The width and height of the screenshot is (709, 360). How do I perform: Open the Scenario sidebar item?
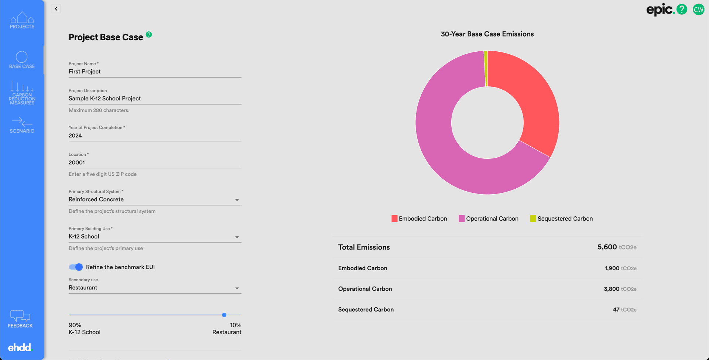pyautogui.click(x=22, y=125)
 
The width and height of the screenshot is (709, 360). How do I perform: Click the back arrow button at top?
pyautogui.click(x=56, y=8)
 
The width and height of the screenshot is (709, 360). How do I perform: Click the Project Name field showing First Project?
pyautogui.click(x=155, y=72)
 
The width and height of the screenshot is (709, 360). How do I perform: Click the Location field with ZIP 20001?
pyautogui.click(x=155, y=162)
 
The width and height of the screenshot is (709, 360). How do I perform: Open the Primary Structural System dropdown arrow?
pyautogui.click(x=237, y=200)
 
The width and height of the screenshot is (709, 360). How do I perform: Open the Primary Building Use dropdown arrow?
pyautogui.click(x=237, y=237)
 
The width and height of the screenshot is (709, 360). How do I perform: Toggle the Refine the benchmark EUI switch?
pyautogui.click(x=76, y=267)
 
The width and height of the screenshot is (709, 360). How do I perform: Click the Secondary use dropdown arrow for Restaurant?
pyautogui.click(x=237, y=288)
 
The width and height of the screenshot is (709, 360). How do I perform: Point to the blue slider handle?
pyautogui.click(x=224, y=315)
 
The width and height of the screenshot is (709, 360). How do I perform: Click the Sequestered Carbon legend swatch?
pyautogui.click(x=533, y=219)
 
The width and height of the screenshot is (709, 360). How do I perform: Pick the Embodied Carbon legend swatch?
pyautogui.click(x=394, y=219)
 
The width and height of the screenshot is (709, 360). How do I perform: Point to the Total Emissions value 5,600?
pyautogui.click(x=607, y=247)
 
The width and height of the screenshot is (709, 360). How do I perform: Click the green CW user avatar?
pyautogui.click(x=698, y=10)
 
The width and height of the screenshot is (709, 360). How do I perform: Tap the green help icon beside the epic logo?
pyautogui.click(x=682, y=9)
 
